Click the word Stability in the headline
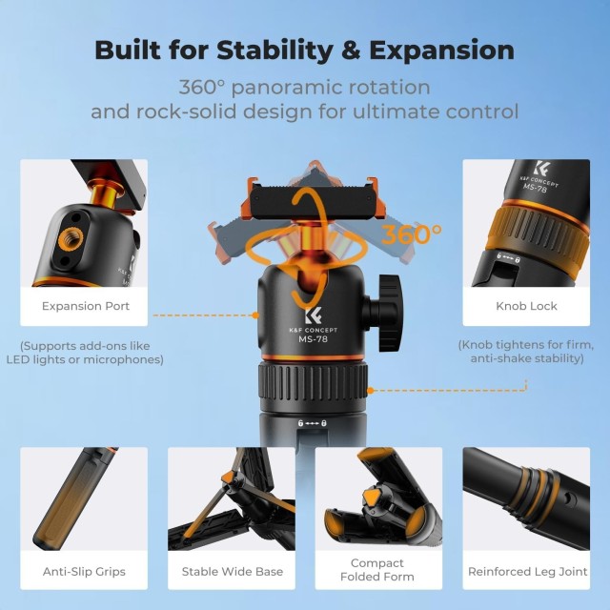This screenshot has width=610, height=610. click(274, 51)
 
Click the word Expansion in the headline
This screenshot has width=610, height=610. click(441, 51)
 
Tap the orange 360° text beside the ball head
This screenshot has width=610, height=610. click(411, 234)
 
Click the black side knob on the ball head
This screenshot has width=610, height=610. click(383, 313)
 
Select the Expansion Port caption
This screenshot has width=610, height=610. click(86, 306)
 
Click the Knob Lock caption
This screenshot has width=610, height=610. click(526, 306)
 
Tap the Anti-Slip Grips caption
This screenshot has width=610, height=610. click(84, 572)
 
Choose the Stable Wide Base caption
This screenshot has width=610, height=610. click(233, 572)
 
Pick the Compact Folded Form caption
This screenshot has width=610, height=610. click(377, 570)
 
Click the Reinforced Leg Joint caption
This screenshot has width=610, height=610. click(527, 572)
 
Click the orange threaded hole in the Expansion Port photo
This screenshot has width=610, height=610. click(71, 239)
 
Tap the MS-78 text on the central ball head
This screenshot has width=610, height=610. click(313, 339)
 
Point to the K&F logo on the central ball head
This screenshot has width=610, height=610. click(314, 315)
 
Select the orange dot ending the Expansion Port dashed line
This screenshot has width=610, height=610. click(255, 315)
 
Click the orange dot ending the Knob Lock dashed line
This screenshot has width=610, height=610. click(371, 390)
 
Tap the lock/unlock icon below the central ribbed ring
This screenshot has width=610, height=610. click(312, 423)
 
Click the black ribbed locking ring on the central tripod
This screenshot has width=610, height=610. click(313, 383)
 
